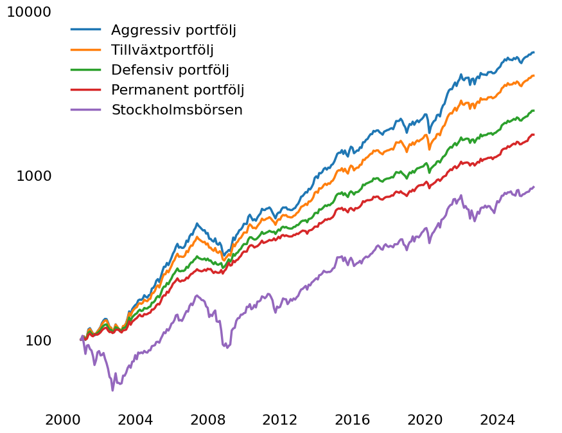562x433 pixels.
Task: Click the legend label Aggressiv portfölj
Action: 173,30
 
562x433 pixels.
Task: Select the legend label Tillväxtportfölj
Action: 162,50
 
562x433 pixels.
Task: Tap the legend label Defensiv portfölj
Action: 170,70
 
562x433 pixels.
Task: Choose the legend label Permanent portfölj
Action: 177,90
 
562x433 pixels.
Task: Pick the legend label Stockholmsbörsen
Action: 177,109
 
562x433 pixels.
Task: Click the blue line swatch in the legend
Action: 85,30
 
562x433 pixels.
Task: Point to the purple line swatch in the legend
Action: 85,109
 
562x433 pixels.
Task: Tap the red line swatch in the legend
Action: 85,89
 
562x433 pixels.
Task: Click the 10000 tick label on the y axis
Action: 29,12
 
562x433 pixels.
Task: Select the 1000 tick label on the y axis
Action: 33,176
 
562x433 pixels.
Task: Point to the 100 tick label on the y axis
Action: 39,341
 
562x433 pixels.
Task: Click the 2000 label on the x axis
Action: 63,419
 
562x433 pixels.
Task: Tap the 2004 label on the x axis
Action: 135,419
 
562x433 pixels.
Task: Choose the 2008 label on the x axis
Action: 207,419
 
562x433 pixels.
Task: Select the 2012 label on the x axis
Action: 280,419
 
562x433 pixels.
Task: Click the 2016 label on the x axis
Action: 353,419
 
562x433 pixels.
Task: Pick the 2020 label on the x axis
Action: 425,419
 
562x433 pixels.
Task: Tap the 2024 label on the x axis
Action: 498,419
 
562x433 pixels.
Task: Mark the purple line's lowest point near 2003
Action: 112,391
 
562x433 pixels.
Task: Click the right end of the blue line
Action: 534,53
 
